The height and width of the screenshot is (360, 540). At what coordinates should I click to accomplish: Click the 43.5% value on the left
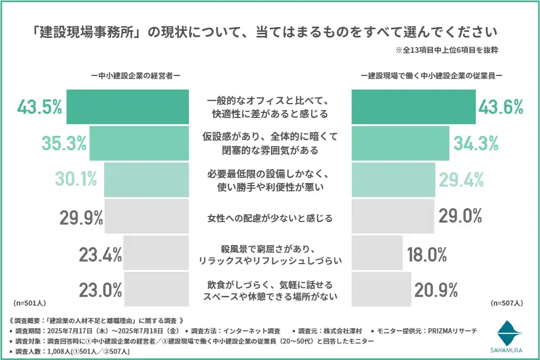pyautogui.click(x=39, y=107)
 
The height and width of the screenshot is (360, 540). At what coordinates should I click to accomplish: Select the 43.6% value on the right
pyautogui.click(x=501, y=107)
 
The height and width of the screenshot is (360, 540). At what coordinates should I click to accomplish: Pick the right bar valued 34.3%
pyautogui.click(x=401, y=144)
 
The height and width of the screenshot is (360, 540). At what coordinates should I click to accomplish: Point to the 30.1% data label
pyautogui.click(x=76, y=180)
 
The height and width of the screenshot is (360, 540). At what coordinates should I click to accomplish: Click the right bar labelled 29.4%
pyautogui.click(x=393, y=180)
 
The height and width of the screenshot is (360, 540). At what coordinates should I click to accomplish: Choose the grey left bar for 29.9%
pyautogui.click(x=147, y=216)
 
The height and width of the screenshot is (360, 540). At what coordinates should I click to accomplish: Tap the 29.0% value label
pyautogui.click(x=460, y=216)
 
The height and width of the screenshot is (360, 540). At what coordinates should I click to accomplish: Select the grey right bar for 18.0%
pyautogui.click(x=377, y=253)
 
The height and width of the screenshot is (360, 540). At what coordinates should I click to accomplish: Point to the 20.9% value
pyautogui.click(x=436, y=290)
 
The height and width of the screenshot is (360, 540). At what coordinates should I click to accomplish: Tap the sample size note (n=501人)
pyautogui.click(x=28, y=303)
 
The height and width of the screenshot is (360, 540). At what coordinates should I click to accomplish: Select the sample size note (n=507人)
pyautogui.click(x=507, y=303)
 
